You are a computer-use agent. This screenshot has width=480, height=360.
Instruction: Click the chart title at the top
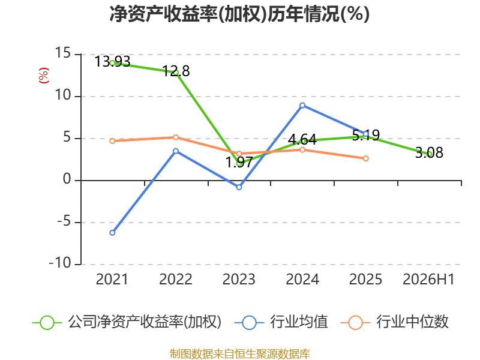(239, 14)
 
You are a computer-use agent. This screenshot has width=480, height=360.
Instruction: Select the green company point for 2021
(112, 64)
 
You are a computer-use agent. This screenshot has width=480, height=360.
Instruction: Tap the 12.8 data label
(176, 71)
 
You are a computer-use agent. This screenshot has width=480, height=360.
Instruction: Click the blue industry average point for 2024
(302, 106)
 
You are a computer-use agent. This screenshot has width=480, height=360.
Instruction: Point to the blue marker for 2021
(112, 233)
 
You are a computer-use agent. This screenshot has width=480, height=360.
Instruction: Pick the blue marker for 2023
(239, 187)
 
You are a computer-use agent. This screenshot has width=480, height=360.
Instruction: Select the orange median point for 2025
(366, 158)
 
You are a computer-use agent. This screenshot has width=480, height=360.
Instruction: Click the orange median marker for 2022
(176, 137)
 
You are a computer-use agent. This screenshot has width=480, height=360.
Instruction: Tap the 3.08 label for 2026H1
(429, 152)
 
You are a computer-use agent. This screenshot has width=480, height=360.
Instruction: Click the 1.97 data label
(239, 162)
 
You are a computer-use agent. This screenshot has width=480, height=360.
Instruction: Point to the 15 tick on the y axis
(63, 53)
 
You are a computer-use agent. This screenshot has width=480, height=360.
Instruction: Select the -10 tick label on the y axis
(60, 263)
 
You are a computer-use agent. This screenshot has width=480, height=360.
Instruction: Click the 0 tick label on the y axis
(67, 179)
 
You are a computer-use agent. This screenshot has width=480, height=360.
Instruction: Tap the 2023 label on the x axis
(239, 279)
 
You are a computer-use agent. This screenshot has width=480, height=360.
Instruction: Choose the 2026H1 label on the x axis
(428, 279)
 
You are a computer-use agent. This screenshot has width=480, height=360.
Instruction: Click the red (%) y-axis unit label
(43, 76)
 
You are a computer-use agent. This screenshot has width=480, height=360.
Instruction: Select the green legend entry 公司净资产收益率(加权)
(127, 322)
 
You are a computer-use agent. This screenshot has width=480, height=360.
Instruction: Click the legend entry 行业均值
(281, 322)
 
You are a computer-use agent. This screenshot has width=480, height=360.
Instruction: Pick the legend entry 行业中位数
(395, 322)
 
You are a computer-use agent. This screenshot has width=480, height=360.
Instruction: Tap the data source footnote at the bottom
(240, 354)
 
